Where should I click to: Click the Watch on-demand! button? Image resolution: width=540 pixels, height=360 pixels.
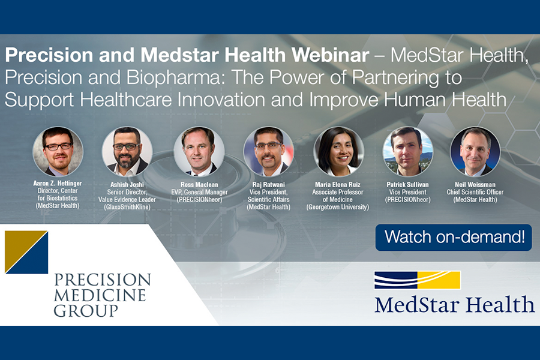(454, 238)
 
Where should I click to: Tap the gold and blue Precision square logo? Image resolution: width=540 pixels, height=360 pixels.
(26, 252)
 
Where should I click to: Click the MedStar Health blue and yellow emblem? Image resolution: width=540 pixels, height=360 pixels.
(417, 280)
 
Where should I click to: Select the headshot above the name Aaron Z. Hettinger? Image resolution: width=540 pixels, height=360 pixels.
(58, 152)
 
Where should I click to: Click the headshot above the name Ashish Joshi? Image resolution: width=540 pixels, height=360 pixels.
(127, 152)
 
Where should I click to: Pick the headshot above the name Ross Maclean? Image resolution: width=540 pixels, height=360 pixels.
(199, 152)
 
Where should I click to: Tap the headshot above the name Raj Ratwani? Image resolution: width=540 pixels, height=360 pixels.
(269, 152)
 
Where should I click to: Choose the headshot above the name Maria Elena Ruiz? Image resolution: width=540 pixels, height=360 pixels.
(338, 152)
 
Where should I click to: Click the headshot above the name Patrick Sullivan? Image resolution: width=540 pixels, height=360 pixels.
(408, 152)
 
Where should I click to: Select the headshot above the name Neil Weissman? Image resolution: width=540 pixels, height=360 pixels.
(475, 152)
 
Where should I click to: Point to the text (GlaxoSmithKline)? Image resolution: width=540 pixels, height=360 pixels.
(127, 207)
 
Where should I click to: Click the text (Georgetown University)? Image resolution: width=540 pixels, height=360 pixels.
(337, 207)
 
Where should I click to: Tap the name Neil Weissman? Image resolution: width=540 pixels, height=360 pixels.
(475, 185)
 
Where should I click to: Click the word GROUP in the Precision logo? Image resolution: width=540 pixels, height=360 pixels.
(86, 311)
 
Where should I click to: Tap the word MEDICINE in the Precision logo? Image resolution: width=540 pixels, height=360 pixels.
(100, 295)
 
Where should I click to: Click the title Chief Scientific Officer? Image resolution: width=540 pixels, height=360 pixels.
(475, 192)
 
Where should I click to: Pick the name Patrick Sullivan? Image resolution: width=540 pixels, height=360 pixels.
(408, 185)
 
